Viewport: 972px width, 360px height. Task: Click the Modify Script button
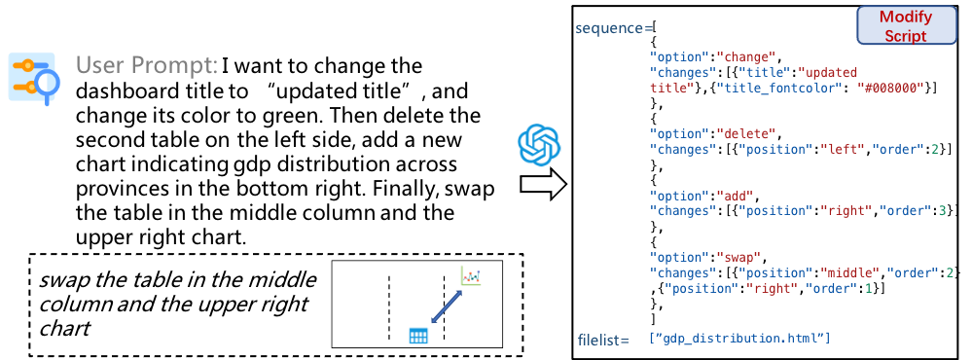[906, 26]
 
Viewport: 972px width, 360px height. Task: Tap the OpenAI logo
[539, 146]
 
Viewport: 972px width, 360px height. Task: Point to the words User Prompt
[146, 65]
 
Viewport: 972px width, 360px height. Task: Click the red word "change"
[745, 57]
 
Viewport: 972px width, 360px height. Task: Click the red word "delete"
[745, 134]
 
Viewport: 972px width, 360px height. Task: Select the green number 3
[942, 210]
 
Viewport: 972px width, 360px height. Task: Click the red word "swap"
[738, 257]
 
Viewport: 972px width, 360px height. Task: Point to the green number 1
[868, 289]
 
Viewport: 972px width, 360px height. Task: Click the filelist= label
[603, 339]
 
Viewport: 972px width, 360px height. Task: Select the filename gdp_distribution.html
[738, 338]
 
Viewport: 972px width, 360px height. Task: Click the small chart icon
[471, 276]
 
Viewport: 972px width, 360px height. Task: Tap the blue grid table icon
[418, 336]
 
